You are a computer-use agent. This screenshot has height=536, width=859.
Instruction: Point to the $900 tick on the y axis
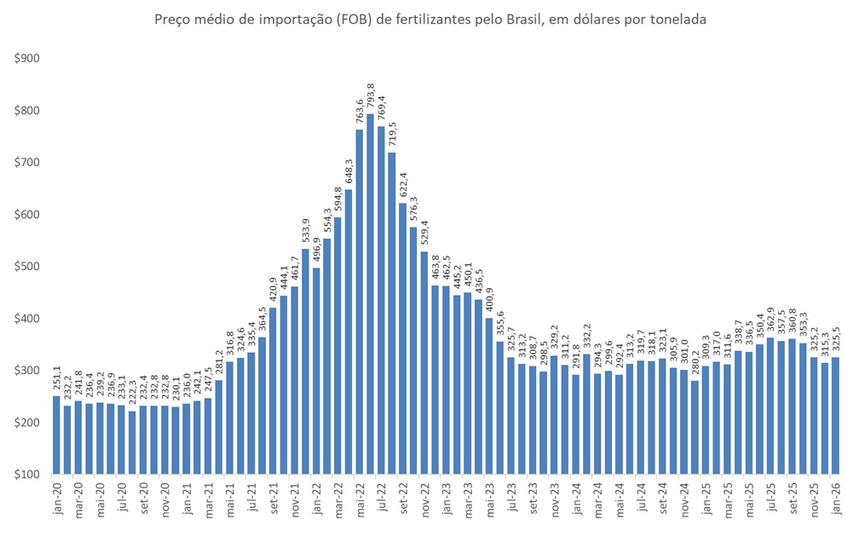[26, 59]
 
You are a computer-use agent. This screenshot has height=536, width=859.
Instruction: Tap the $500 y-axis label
[26, 267]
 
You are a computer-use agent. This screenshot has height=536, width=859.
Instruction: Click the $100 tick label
[26, 475]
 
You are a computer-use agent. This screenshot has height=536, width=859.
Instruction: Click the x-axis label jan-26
[836, 499]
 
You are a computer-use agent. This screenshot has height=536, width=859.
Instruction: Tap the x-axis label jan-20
[56, 499]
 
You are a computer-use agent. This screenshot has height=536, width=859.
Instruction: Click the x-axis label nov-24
[684, 499]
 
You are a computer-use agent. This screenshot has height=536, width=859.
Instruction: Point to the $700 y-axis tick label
[26, 163]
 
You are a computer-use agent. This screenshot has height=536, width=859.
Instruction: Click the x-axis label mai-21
[230, 499]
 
